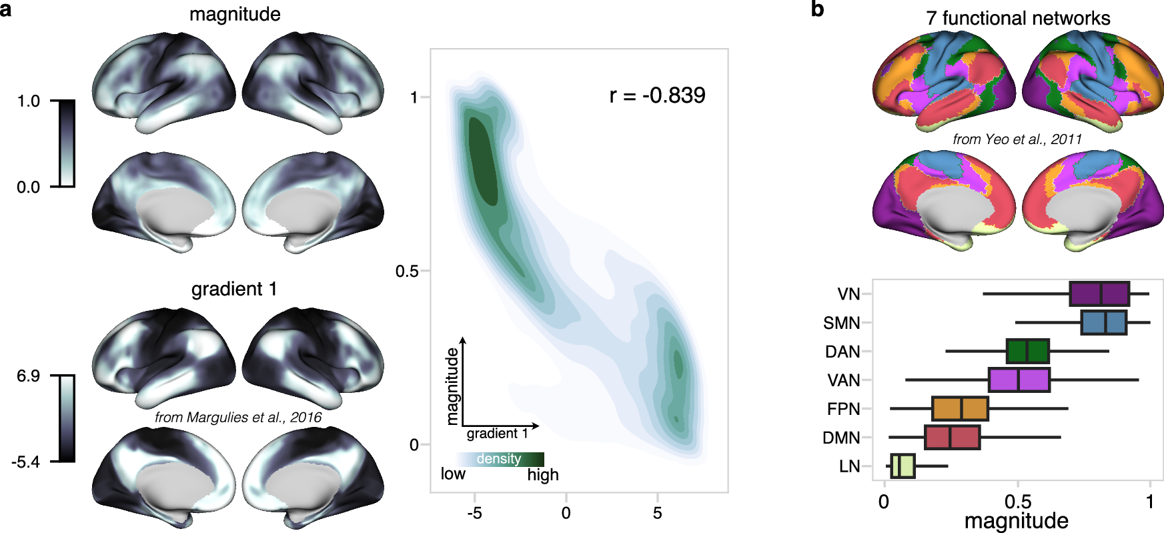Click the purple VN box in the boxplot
pos(1099,294)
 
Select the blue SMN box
pos(1103,323)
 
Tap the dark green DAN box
pos(1027,352)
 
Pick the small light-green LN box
pos(903,466)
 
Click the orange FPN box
pos(959,409)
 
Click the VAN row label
pos(843,381)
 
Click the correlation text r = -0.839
pos(657,95)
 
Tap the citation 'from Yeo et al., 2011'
pos(1017,139)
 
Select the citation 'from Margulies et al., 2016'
pos(238,418)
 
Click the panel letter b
pos(817,9)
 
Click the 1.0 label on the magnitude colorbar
pos(29,101)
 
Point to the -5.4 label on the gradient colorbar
pos(25,462)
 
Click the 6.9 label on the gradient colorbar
pos(29,376)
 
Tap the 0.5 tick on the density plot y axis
pos(406,272)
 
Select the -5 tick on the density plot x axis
pos(474,513)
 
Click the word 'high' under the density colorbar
pos(542,475)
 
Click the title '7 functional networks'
pos(1018,18)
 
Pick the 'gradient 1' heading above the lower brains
pos(234,289)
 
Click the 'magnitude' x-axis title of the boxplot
pos(1016,521)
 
